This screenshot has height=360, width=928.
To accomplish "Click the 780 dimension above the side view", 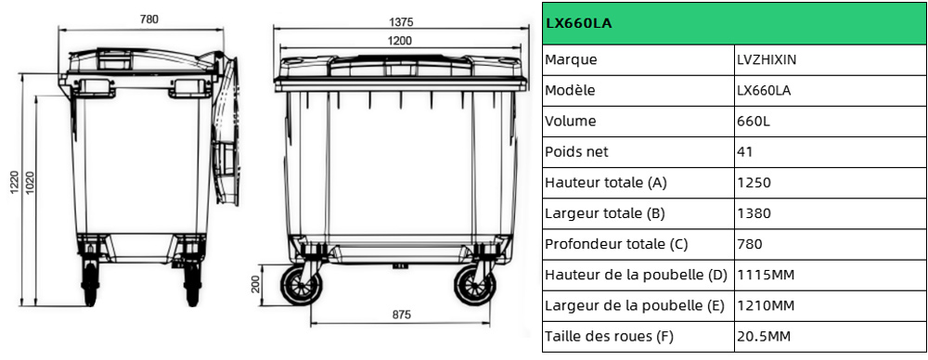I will tap(148, 19).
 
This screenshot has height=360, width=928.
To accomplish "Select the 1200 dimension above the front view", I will tap(400, 40).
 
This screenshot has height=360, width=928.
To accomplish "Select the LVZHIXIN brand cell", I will tap(767, 59).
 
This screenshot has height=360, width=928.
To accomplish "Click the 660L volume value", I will tap(753, 121).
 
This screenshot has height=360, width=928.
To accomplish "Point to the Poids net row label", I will tap(577, 151).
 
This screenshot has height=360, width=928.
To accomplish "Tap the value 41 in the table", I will tap(744, 151).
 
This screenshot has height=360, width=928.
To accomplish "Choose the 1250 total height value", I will tap(754, 182).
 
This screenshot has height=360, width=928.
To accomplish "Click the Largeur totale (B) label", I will tap(605, 212).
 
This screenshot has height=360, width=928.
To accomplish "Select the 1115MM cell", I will tap(765, 274).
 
